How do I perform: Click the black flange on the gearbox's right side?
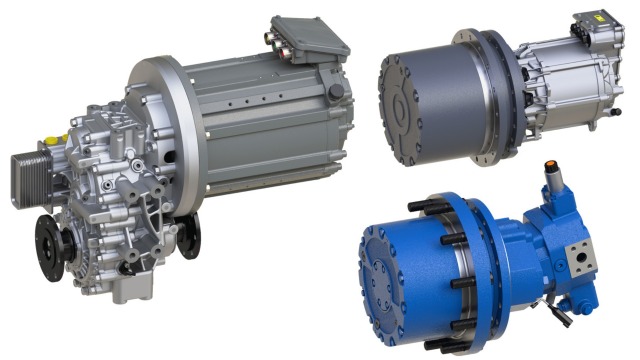click(x=189, y=236)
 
